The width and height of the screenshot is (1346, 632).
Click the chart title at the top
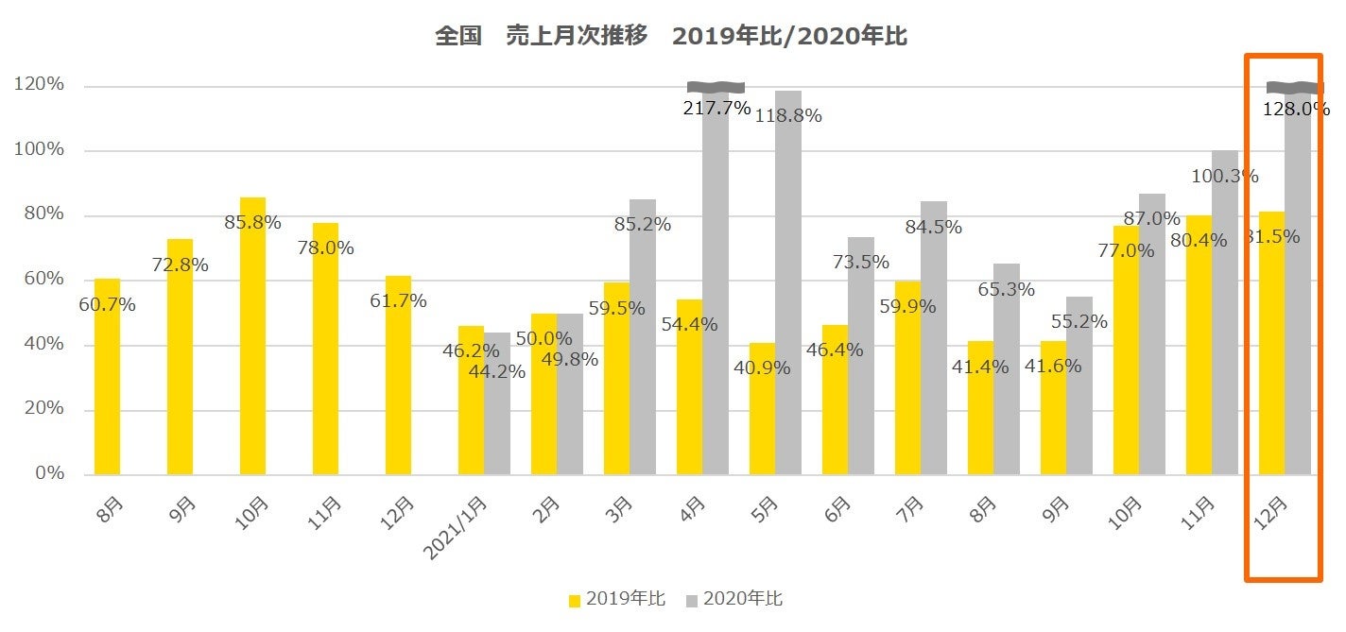[x=671, y=36]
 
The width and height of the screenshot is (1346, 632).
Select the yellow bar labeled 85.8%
[x=252, y=335]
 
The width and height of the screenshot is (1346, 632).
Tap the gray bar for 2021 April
[x=716, y=283]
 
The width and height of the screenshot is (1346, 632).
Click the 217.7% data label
[x=716, y=109]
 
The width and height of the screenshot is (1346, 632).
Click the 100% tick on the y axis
[x=39, y=149]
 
